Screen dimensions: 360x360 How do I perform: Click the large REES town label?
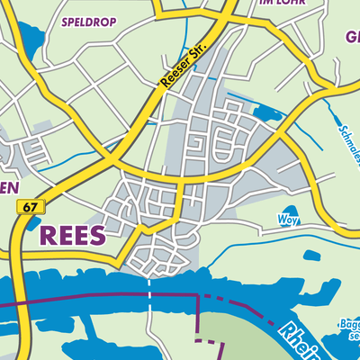[72, 236]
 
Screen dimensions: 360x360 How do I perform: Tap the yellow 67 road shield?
[30, 207]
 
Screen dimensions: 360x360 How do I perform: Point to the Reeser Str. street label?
[183, 65]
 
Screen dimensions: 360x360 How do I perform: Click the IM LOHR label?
[277, 4]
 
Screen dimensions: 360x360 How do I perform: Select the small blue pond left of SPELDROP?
[33, 40]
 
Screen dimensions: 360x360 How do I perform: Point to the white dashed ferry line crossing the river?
[148, 305]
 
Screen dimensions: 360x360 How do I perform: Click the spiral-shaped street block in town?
[197, 144]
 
